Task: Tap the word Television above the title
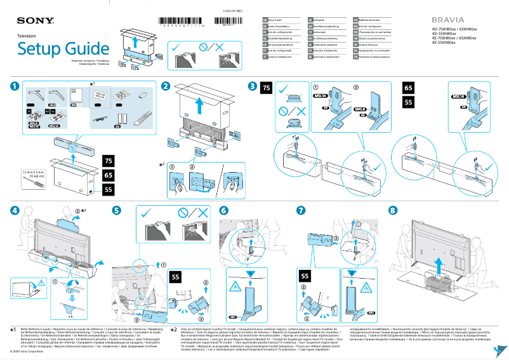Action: click(27, 37)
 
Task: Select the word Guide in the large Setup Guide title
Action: click(83, 49)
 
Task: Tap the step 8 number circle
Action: click(393, 210)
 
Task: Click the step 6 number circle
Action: click(223, 210)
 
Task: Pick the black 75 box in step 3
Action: click(267, 88)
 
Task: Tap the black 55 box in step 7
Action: click(305, 276)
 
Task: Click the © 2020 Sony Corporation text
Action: click(32, 350)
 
